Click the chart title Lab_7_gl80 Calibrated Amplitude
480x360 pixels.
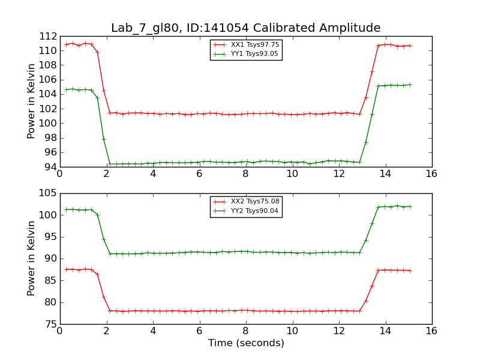[245, 28]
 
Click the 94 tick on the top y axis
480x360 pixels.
[50, 167]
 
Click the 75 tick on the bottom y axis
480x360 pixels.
[50, 324]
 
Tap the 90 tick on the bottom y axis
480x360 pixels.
[50, 259]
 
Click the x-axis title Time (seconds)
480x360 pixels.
[246, 343]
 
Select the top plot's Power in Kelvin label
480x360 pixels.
[31, 101]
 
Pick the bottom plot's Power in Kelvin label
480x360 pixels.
[31, 259]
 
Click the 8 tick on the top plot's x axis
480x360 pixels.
[245, 175]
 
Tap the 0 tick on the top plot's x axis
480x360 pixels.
[60, 175]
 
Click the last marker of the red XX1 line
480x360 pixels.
[410, 46]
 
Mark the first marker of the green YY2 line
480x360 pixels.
[66, 209]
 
